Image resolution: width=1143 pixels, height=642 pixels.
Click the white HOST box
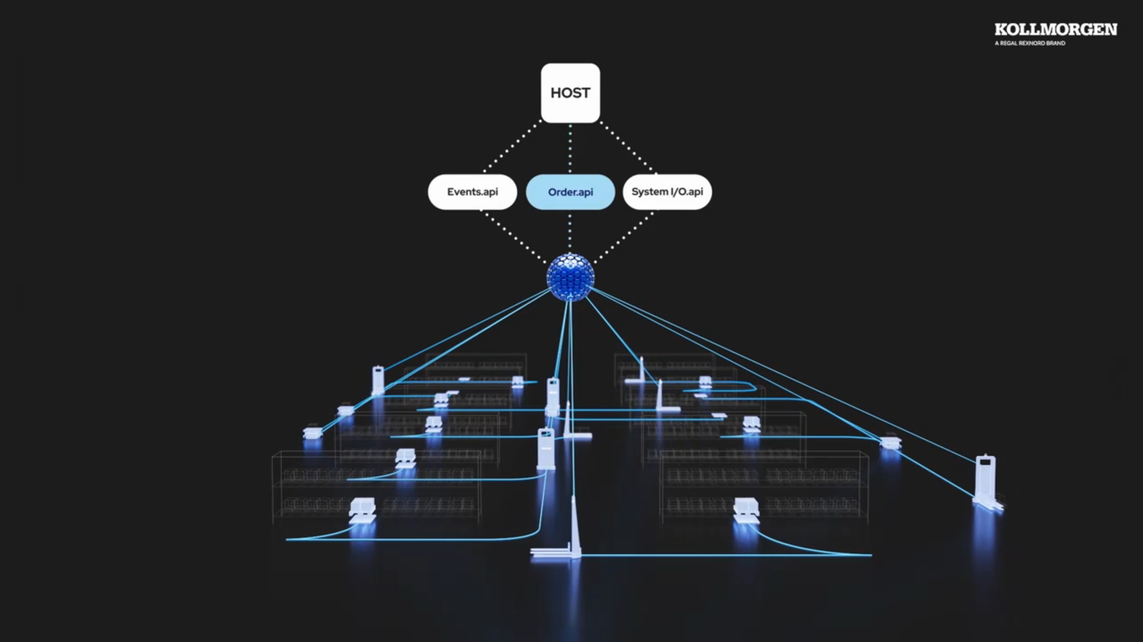[x=570, y=93]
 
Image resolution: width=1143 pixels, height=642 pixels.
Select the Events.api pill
[x=472, y=192]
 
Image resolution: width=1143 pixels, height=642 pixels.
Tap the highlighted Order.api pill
[x=570, y=192]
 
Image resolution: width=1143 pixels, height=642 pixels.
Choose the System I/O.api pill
[x=667, y=192]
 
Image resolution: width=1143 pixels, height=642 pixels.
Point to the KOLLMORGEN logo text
[x=1055, y=30]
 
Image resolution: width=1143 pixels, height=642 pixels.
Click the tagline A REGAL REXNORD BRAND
[x=1029, y=43]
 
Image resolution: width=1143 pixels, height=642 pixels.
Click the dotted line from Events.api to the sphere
[x=514, y=237]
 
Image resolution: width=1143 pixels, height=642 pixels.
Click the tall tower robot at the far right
[x=986, y=481]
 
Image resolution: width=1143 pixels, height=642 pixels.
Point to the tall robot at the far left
[x=378, y=380]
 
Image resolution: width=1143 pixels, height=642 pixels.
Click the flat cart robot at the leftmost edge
[x=312, y=432]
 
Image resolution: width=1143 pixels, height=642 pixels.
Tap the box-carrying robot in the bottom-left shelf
[x=362, y=510]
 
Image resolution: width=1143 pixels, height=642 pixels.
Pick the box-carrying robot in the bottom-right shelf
[x=746, y=510]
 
